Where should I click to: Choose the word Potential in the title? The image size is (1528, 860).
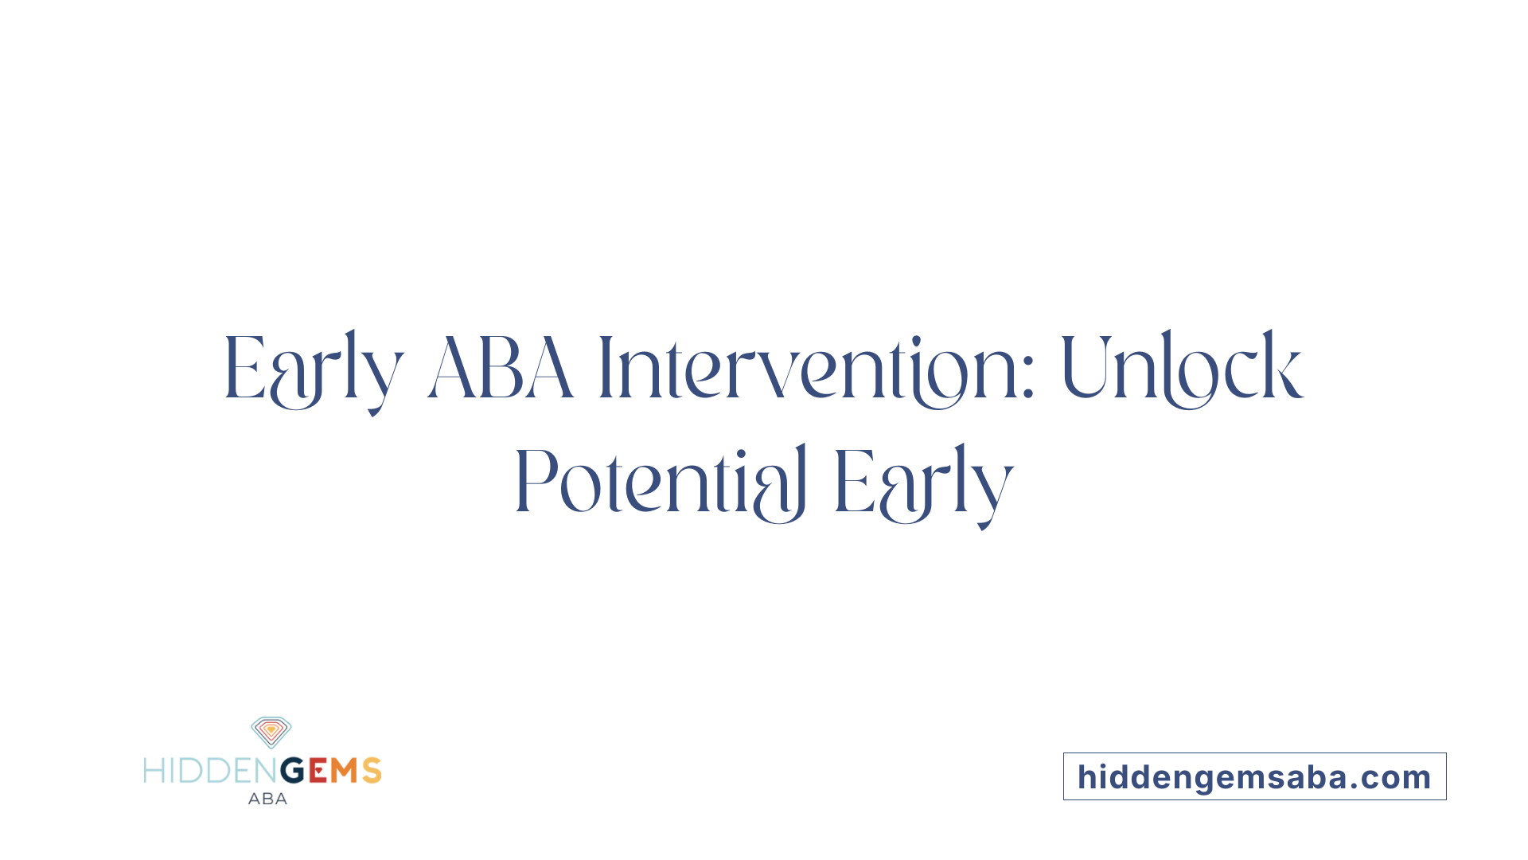pos(661,483)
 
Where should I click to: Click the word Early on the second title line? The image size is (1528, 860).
pos(923,483)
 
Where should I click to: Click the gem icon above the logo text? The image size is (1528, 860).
pos(271,732)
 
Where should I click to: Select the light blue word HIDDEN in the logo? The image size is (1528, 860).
pos(211,771)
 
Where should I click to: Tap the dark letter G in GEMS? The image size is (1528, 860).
pos(292,771)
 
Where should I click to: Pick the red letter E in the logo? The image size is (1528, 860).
pos(318,771)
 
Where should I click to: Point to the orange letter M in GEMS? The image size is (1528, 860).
pos(345,771)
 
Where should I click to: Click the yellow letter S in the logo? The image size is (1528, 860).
pos(372,771)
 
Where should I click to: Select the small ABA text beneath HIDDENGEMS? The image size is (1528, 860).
pos(267,799)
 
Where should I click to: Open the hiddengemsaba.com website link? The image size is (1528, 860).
pos(1254,777)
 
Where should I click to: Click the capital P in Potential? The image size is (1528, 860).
pos(534,483)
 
